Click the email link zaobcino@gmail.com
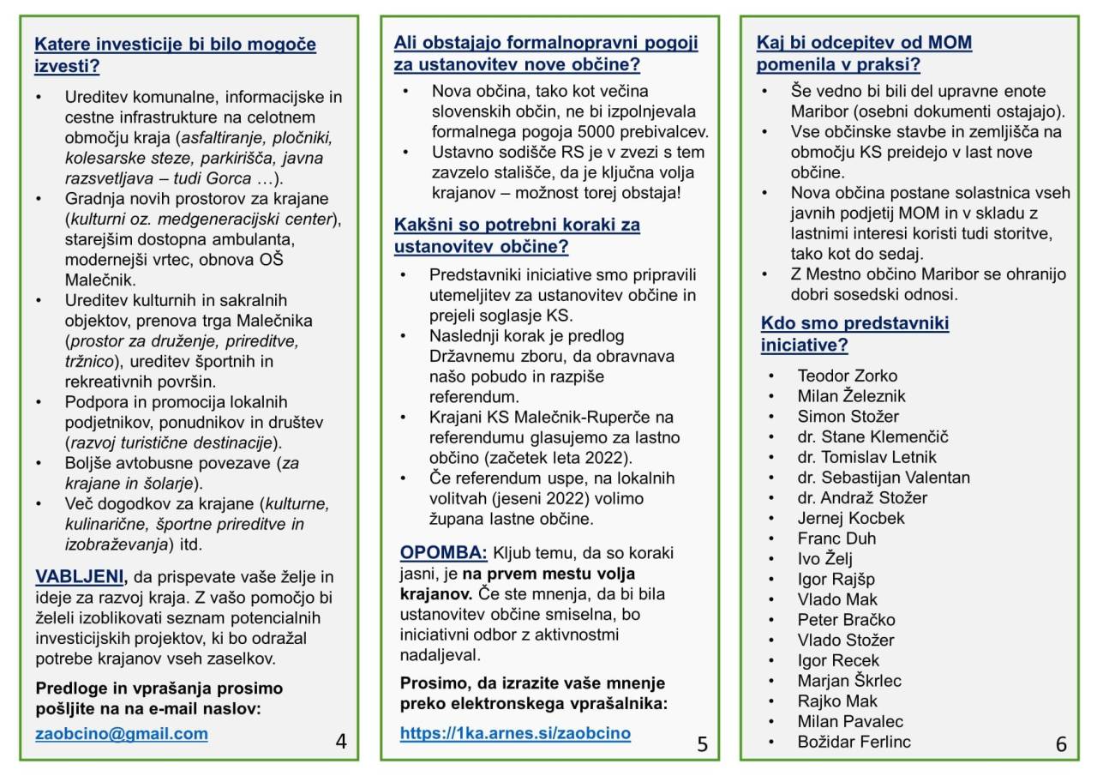tap(121, 734)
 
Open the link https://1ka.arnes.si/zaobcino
tap(515, 733)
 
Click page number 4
tap(341, 742)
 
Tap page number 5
tap(702, 743)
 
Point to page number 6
tap(1061, 743)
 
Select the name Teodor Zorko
tap(847, 376)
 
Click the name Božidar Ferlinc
tap(854, 742)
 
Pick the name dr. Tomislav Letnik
tap(866, 457)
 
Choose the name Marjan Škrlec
tap(848, 681)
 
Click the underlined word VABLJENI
tap(81, 576)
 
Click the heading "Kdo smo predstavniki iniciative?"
tap(854, 334)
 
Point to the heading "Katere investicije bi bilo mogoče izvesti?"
tap(175, 55)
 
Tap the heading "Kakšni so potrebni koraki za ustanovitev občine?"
tap(516, 236)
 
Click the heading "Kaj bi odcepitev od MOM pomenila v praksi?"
tap(864, 53)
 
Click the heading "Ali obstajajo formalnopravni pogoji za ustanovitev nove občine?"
tap(545, 53)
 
